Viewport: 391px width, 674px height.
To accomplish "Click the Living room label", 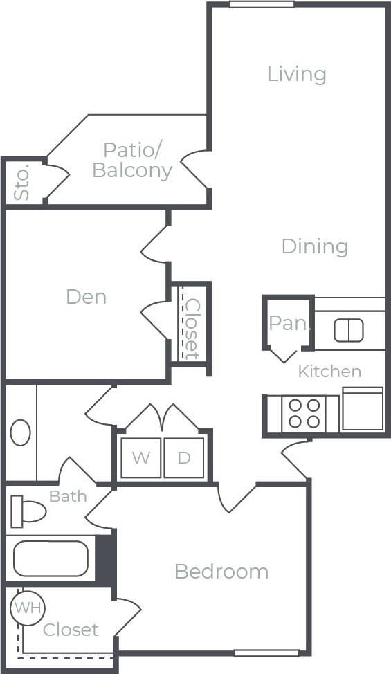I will click(x=296, y=74).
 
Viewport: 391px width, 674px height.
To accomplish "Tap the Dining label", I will click(x=314, y=246).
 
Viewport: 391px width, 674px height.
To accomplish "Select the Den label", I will click(x=87, y=297).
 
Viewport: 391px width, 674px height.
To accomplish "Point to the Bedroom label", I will click(x=221, y=572).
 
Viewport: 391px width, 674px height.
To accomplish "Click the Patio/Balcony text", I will click(x=132, y=160).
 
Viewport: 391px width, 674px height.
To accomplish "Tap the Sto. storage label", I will click(x=22, y=182).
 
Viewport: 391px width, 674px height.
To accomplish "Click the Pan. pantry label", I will click(x=289, y=322).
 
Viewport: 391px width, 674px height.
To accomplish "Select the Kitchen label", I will click(x=329, y=372).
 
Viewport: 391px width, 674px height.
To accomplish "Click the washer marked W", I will click(x=140, y=457).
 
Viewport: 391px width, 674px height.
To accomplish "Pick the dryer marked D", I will click(x=184, y=457).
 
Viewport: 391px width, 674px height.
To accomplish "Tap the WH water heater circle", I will click(x=28, y=608).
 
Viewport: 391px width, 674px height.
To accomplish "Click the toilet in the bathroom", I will click(x=27, y=512).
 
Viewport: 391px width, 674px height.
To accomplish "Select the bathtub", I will click(x=51, y=558).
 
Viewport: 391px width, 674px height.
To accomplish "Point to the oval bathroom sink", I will click(x=21, y=432).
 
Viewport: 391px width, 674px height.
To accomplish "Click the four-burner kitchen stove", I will click(x=304, y=413).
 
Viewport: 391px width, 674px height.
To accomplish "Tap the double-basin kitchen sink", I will click(x=348, y=331).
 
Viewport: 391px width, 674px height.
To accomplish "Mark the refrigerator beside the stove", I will click(x=363, y=410).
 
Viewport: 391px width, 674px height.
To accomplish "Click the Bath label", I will click(x=68, y=496).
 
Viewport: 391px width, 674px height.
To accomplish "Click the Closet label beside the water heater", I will click(x=71, y=630).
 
